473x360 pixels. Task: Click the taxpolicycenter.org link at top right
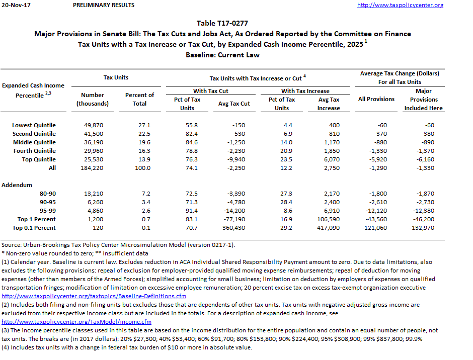tap(400, 5)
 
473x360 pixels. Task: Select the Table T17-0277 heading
tap(222, 23)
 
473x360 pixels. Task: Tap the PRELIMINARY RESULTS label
tap(104, 5)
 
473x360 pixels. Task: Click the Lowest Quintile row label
tap(34, 125)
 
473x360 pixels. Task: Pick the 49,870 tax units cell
tap(93, 125)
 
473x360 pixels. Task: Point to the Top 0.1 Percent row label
tap(34, 228)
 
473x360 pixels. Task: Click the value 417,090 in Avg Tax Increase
tap(329, 228)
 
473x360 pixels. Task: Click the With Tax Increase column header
tap(305, 91)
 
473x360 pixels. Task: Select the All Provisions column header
tap(376, 99)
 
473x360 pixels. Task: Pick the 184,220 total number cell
tap(93, 168)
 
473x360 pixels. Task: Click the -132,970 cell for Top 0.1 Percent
tap(423, 228)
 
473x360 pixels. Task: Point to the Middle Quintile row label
tap(34, 142)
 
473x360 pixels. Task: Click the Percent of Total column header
tap(139, 99)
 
